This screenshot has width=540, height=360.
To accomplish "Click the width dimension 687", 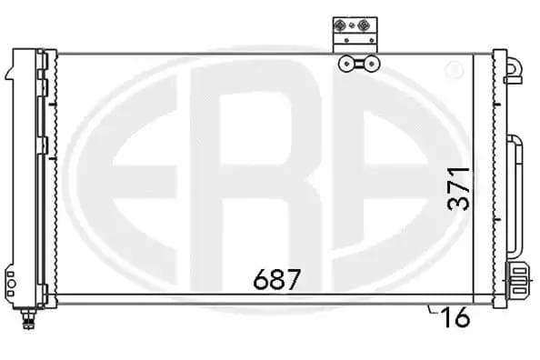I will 276,279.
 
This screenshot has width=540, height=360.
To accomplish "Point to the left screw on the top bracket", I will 338,25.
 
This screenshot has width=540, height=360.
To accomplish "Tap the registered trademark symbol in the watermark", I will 454,70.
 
